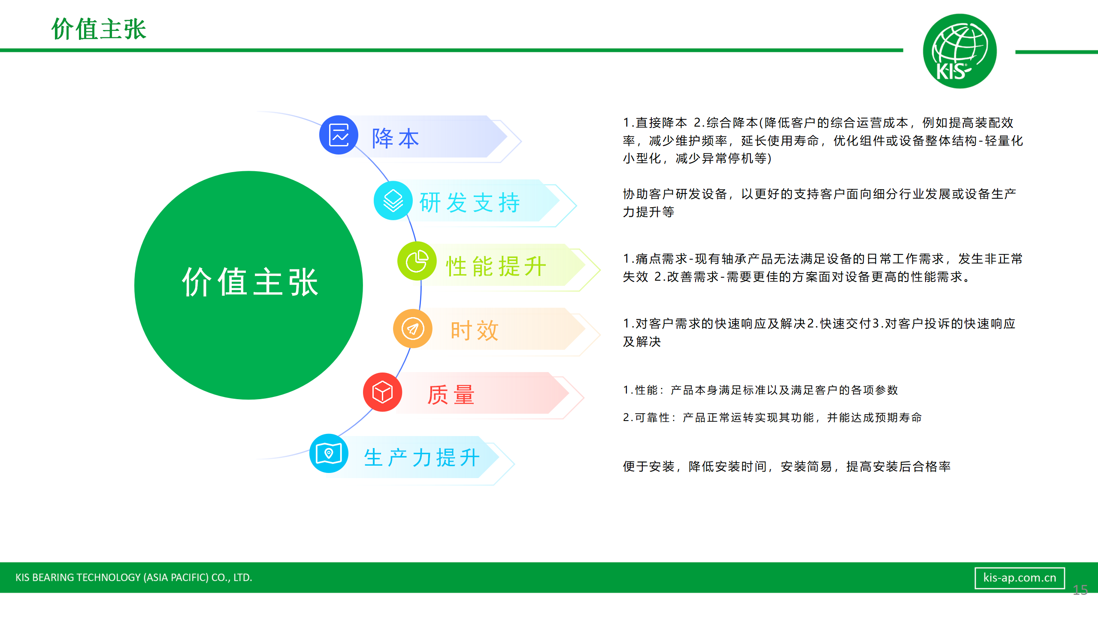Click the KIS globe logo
pyautogui.click(x=959, y=51)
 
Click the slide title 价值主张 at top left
pyautogui.click(x=99, y=29)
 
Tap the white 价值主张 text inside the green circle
pyautogui.click(x=250, y=282)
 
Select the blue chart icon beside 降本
pyautogui.click(x=339, y=135)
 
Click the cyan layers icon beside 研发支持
pyautogui.click(x=393, y=200)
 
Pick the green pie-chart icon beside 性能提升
pyautogui.click(x=417, y=261)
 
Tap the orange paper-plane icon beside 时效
pyautogui.click(x=413, y=329)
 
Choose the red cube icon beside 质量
pyautogui.click(x=382, y=392)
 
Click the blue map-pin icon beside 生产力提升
pyautogui.click(x=329, y=453)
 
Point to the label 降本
pyautogui.click(x=395, y=138)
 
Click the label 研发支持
pyautogui.click(x=470, y=203)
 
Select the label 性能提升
pyautogui.click(x=496, y=267)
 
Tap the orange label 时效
pyautogui.click(x=475, y=331)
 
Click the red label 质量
pyautogui.click(x=451, y=395)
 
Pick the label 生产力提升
pyautogui.click(x=422, y=457)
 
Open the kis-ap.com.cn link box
pyautogui.click(x=1019, y=578)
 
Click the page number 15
pyautogui.click(x=1080, y=590)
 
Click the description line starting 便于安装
pyautogui.click(x=786, y=466)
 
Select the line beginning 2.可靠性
pyautogui.click(x=772, y=417)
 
